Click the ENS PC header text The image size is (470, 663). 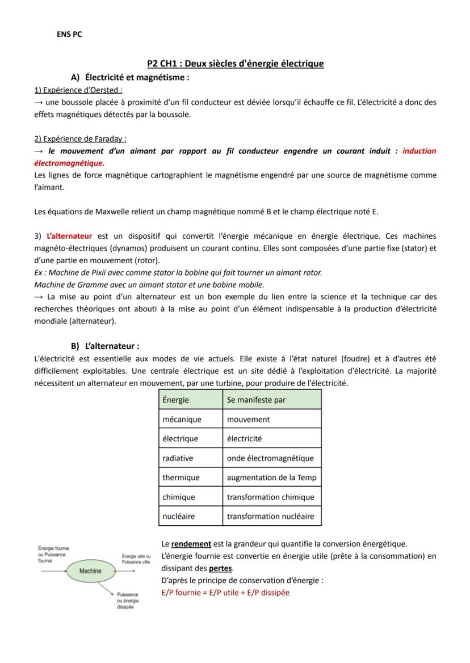pos(69,35)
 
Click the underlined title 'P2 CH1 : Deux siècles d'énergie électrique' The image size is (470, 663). pos(235,64)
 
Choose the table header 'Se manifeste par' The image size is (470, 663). pos(256,400)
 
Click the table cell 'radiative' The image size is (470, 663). pos(178,458)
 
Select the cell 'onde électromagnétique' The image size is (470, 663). pos(270,458)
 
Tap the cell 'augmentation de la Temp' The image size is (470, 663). pos(271,478)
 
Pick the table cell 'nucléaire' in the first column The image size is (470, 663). pos(179,517)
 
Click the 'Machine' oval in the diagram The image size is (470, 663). pos(90,571)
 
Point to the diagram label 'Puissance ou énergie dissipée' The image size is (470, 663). pos(127,601)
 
